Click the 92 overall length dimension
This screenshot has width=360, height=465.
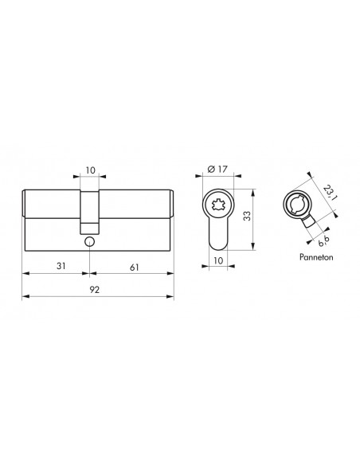(94, 290)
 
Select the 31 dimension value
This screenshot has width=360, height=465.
(61, 266)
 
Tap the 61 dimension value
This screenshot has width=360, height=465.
(135, 268)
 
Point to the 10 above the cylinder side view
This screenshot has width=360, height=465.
(91, 170)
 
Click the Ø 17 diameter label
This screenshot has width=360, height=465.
(217, 169)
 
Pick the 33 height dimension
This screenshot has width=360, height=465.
(247, 216)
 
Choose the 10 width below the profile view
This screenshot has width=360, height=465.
(218, 260)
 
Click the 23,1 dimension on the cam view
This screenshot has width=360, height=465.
(329, 193)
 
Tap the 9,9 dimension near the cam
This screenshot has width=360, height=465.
(323, 241)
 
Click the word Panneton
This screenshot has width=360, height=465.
(316, 257)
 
